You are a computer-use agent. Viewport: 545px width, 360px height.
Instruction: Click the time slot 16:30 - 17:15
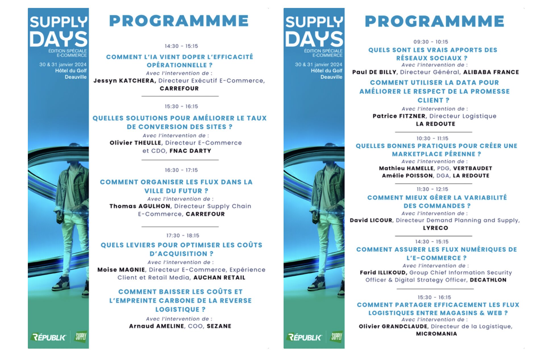tap(181, 170)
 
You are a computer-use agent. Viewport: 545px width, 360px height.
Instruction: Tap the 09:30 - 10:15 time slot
tap(431, 42)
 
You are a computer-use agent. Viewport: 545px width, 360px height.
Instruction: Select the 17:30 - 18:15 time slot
tap(183, 235)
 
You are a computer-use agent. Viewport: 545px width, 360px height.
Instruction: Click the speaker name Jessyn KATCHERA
tap(124, 81)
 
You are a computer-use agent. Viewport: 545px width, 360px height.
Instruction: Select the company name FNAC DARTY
tap(190, 151)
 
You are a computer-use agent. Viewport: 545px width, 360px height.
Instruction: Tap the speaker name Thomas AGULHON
tap(140, 206)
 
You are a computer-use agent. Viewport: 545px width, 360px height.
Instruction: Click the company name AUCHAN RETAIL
tap(219, 277)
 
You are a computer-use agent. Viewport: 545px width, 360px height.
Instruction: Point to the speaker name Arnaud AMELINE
tap(157, 326)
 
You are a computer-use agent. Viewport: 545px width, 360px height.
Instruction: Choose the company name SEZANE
tap(219, 326)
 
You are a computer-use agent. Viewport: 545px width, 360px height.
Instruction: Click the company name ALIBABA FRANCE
tap(491, 72)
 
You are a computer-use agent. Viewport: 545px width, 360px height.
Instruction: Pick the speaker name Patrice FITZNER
tap(399, 116)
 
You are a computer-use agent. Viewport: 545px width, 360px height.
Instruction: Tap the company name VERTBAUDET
tap(473, 168)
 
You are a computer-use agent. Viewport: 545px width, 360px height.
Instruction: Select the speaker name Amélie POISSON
tap(407, 176)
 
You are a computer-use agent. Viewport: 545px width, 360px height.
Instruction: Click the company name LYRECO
tap(435, 228)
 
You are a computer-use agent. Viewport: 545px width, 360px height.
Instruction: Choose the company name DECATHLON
tap(488, 280)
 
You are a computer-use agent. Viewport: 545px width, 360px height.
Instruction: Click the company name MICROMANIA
tap(436, 334)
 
